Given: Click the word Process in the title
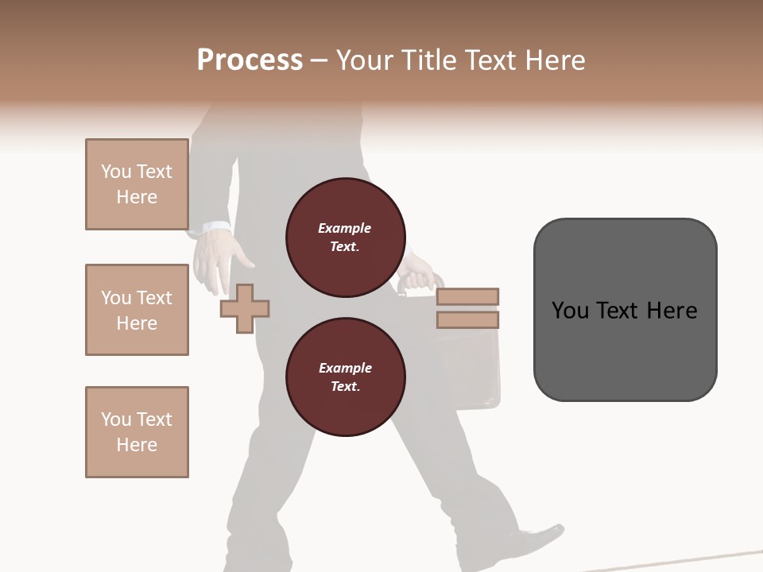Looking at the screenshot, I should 250,60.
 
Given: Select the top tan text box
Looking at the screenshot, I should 137,184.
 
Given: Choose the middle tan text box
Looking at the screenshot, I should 137,310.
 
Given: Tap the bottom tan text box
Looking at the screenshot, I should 137,432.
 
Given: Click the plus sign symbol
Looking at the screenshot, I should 245,308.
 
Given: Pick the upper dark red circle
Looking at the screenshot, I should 345,238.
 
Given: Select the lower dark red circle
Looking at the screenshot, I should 345,377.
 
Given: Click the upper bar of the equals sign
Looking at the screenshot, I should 467,296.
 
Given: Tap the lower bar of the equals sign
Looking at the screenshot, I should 467,319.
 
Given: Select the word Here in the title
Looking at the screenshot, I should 554,60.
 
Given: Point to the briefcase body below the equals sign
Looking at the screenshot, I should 473,365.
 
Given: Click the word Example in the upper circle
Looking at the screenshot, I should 345,228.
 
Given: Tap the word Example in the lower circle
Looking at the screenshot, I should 345,368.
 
